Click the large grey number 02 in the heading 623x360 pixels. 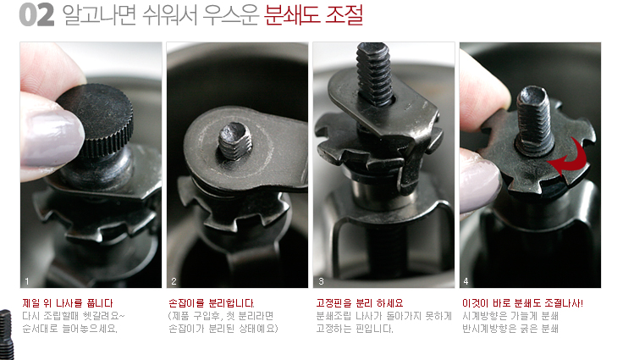(36, 15)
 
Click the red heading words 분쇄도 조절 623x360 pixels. (313, 15)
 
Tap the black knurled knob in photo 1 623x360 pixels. (96, 119)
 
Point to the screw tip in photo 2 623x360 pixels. (235, 141)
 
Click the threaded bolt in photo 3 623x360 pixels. (374, 75)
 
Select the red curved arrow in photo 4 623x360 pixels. (567, 157)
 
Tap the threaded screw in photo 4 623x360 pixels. (535, 120)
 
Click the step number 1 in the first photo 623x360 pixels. (26, 281)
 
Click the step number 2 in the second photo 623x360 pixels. (174, 281)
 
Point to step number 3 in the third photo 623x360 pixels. (321, 281)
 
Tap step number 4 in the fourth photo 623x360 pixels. (466, 281)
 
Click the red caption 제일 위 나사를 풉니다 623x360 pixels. (68, 303)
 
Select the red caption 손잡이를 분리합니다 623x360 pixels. (212, 303)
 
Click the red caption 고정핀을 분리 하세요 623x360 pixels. (360, 303)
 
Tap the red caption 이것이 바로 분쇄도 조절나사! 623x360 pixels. (522, 303)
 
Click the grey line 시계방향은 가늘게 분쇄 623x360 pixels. (510, 316)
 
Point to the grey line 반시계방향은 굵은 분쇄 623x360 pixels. (510, 329)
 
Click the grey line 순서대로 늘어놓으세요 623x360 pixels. (70, 329)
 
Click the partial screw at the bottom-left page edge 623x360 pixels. (6, 334)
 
